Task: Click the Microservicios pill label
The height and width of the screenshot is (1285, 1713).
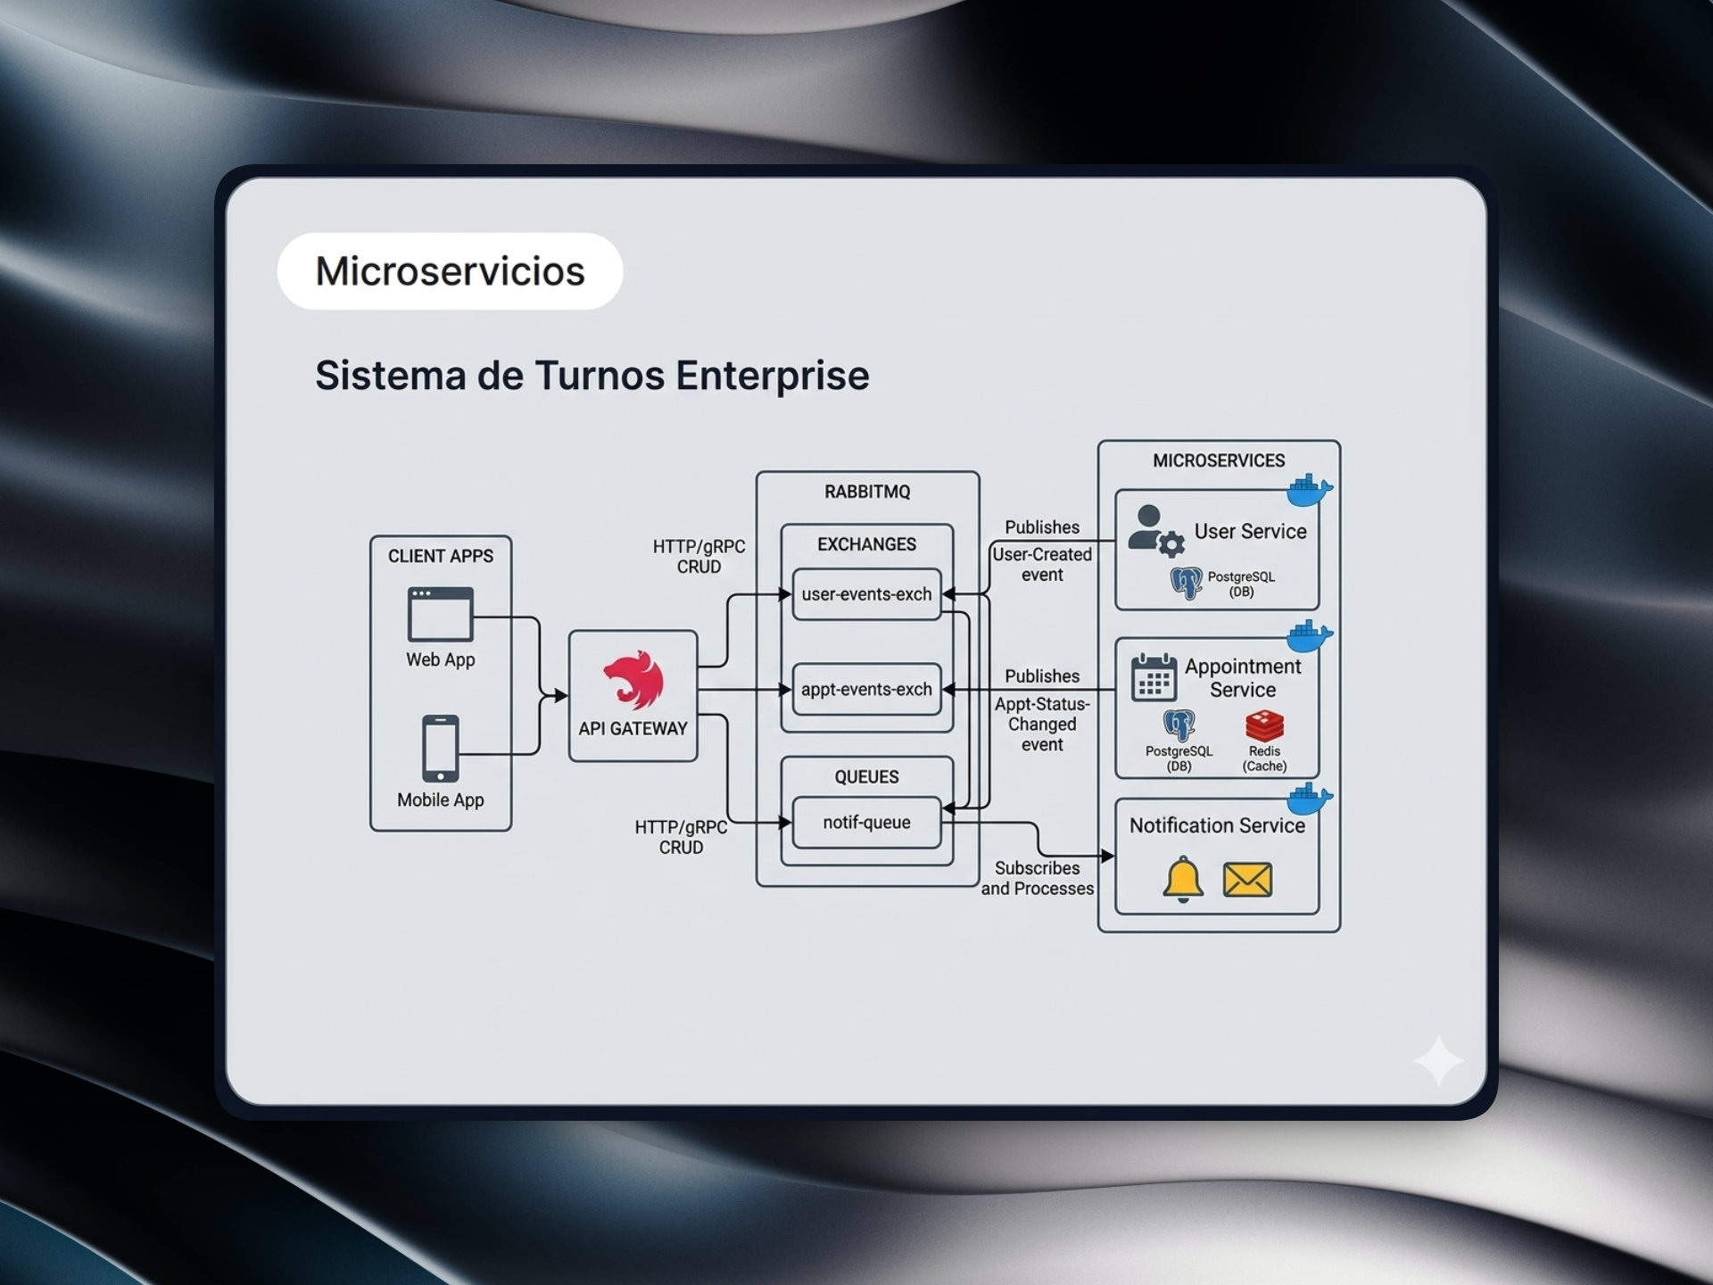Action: (450, 271)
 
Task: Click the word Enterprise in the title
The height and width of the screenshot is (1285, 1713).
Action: (772, 376)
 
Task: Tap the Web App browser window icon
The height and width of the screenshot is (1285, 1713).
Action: (440, 614)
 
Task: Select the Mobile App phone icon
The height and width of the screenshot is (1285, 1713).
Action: (440, 748)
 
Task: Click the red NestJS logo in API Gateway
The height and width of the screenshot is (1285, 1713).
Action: (633, 681)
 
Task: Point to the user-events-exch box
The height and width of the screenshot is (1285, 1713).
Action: (866, 594)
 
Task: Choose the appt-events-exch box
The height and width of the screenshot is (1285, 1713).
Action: (866, 689)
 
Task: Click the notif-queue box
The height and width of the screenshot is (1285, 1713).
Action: (866, 822)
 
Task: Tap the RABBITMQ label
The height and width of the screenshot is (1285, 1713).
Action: (867, 492)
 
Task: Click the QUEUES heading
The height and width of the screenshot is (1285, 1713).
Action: (866, 776)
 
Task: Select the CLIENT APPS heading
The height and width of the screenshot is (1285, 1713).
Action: (440, 556)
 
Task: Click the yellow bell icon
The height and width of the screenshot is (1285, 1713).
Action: (1183, 879)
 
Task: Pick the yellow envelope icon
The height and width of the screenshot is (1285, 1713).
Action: (1247, 880)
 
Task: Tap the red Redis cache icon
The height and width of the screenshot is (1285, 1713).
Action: (1264, 725)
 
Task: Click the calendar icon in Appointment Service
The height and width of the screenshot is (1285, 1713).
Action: (1154, 677)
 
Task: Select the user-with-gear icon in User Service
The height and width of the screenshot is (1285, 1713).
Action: (1154, 530)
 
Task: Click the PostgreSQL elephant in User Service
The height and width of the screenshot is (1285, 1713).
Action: (1186, 583)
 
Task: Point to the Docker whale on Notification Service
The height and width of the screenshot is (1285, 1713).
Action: (1309, 799)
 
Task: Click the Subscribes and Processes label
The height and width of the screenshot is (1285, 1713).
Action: (1037, 878)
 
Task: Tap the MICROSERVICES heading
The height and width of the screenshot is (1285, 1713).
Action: (1219, 460)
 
